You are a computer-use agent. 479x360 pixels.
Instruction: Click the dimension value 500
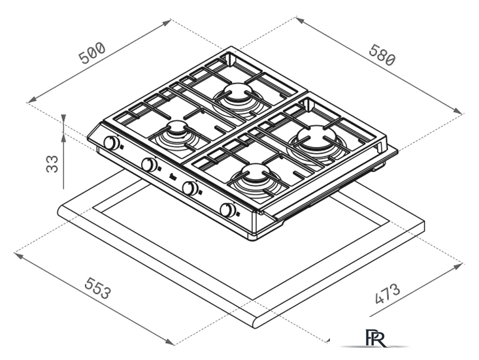[x=92, y=54]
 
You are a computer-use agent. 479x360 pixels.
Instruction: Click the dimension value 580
[x=382, y=55]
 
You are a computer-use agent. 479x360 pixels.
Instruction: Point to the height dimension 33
[x=52, y=164]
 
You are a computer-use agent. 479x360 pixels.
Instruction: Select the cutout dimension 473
[x=387, y=294]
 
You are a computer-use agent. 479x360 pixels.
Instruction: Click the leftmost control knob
[x=111, y=142]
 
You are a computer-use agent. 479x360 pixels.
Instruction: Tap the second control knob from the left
[x=150, y=165]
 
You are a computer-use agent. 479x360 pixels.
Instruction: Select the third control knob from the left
[x=190, y=188]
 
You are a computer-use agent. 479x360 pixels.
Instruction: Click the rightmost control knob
[x=228, y=210]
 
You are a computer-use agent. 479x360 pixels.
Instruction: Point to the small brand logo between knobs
[x=172, y=176]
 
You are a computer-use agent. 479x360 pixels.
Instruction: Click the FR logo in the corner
[x=375, y=338]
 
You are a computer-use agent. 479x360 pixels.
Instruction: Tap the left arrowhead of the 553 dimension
[x=18, y=255]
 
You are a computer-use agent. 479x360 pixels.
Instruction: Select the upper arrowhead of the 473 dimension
[x=458, y=267]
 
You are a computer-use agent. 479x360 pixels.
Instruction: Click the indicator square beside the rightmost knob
[x=239, y=214]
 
